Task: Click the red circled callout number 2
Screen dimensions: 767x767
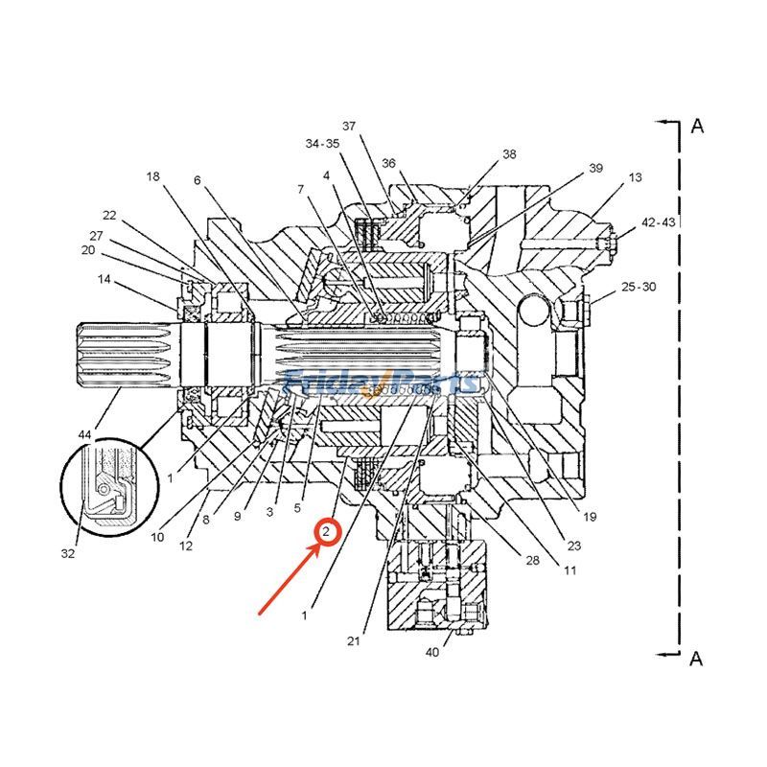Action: coord(328,530)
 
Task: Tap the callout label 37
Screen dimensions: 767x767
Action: coord(349,127)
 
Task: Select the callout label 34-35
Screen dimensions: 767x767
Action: coord(322,144)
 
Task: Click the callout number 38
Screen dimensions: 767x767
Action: coord(509,153)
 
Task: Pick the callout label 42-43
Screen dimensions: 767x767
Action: coord(658,221)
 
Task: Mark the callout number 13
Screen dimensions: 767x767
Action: coord(635,178)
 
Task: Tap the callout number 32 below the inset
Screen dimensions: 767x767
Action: coord(68,552)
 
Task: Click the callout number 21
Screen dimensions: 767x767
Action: coord(353,641)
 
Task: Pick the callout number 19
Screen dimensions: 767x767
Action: coord(589,517)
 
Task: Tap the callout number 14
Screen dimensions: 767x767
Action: coord(104,279)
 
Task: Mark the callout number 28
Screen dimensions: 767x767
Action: coord(533,560)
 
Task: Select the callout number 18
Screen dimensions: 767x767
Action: coord(152,176)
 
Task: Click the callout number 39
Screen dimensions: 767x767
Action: coord(595,169)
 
